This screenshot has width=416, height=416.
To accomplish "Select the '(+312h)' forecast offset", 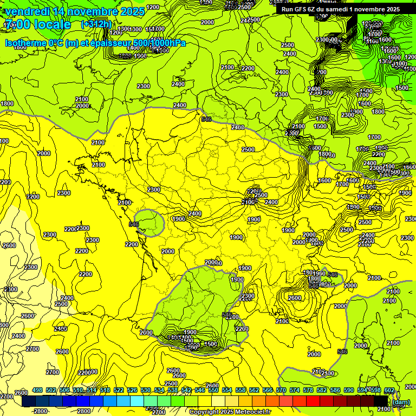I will (x=97, y=24).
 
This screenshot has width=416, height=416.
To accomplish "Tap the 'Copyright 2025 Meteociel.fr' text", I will (x=231, y=412).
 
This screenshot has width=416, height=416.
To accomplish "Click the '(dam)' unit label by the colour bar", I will (x=401, y=402).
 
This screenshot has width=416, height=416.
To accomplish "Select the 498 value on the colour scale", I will (x=37, y=390).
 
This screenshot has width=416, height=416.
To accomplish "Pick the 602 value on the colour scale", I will (x=389, y=390).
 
